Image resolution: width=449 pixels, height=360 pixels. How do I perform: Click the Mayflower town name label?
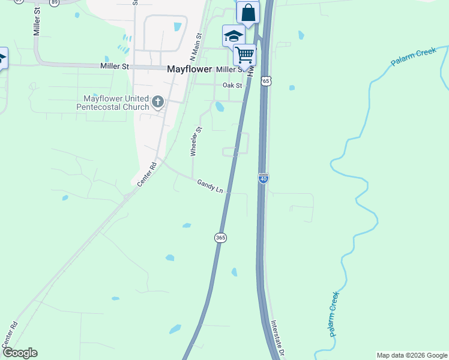(189, 69)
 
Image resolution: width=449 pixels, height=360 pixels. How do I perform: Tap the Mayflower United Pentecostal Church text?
(112, 103)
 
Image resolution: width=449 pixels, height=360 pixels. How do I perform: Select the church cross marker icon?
(158, 101)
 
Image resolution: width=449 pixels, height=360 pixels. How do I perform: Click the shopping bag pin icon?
(248, 12)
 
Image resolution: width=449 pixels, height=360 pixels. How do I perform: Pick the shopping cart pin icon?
(244, 55)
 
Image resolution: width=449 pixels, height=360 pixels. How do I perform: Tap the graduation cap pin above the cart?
(233, 35)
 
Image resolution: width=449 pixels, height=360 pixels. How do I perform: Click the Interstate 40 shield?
(263, 178)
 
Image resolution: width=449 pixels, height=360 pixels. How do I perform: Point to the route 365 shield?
(220, 238)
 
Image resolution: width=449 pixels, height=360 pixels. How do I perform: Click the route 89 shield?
(55, 2)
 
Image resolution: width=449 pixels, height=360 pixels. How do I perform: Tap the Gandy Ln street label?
(210, 186)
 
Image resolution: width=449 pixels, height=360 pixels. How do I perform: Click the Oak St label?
(232, 85)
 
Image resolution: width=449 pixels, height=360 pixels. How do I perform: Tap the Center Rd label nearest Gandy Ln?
(146, 173)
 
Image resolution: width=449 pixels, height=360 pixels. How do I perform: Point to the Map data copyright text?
(411, 355)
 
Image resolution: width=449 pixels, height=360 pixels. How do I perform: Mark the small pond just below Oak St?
(220, 107)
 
